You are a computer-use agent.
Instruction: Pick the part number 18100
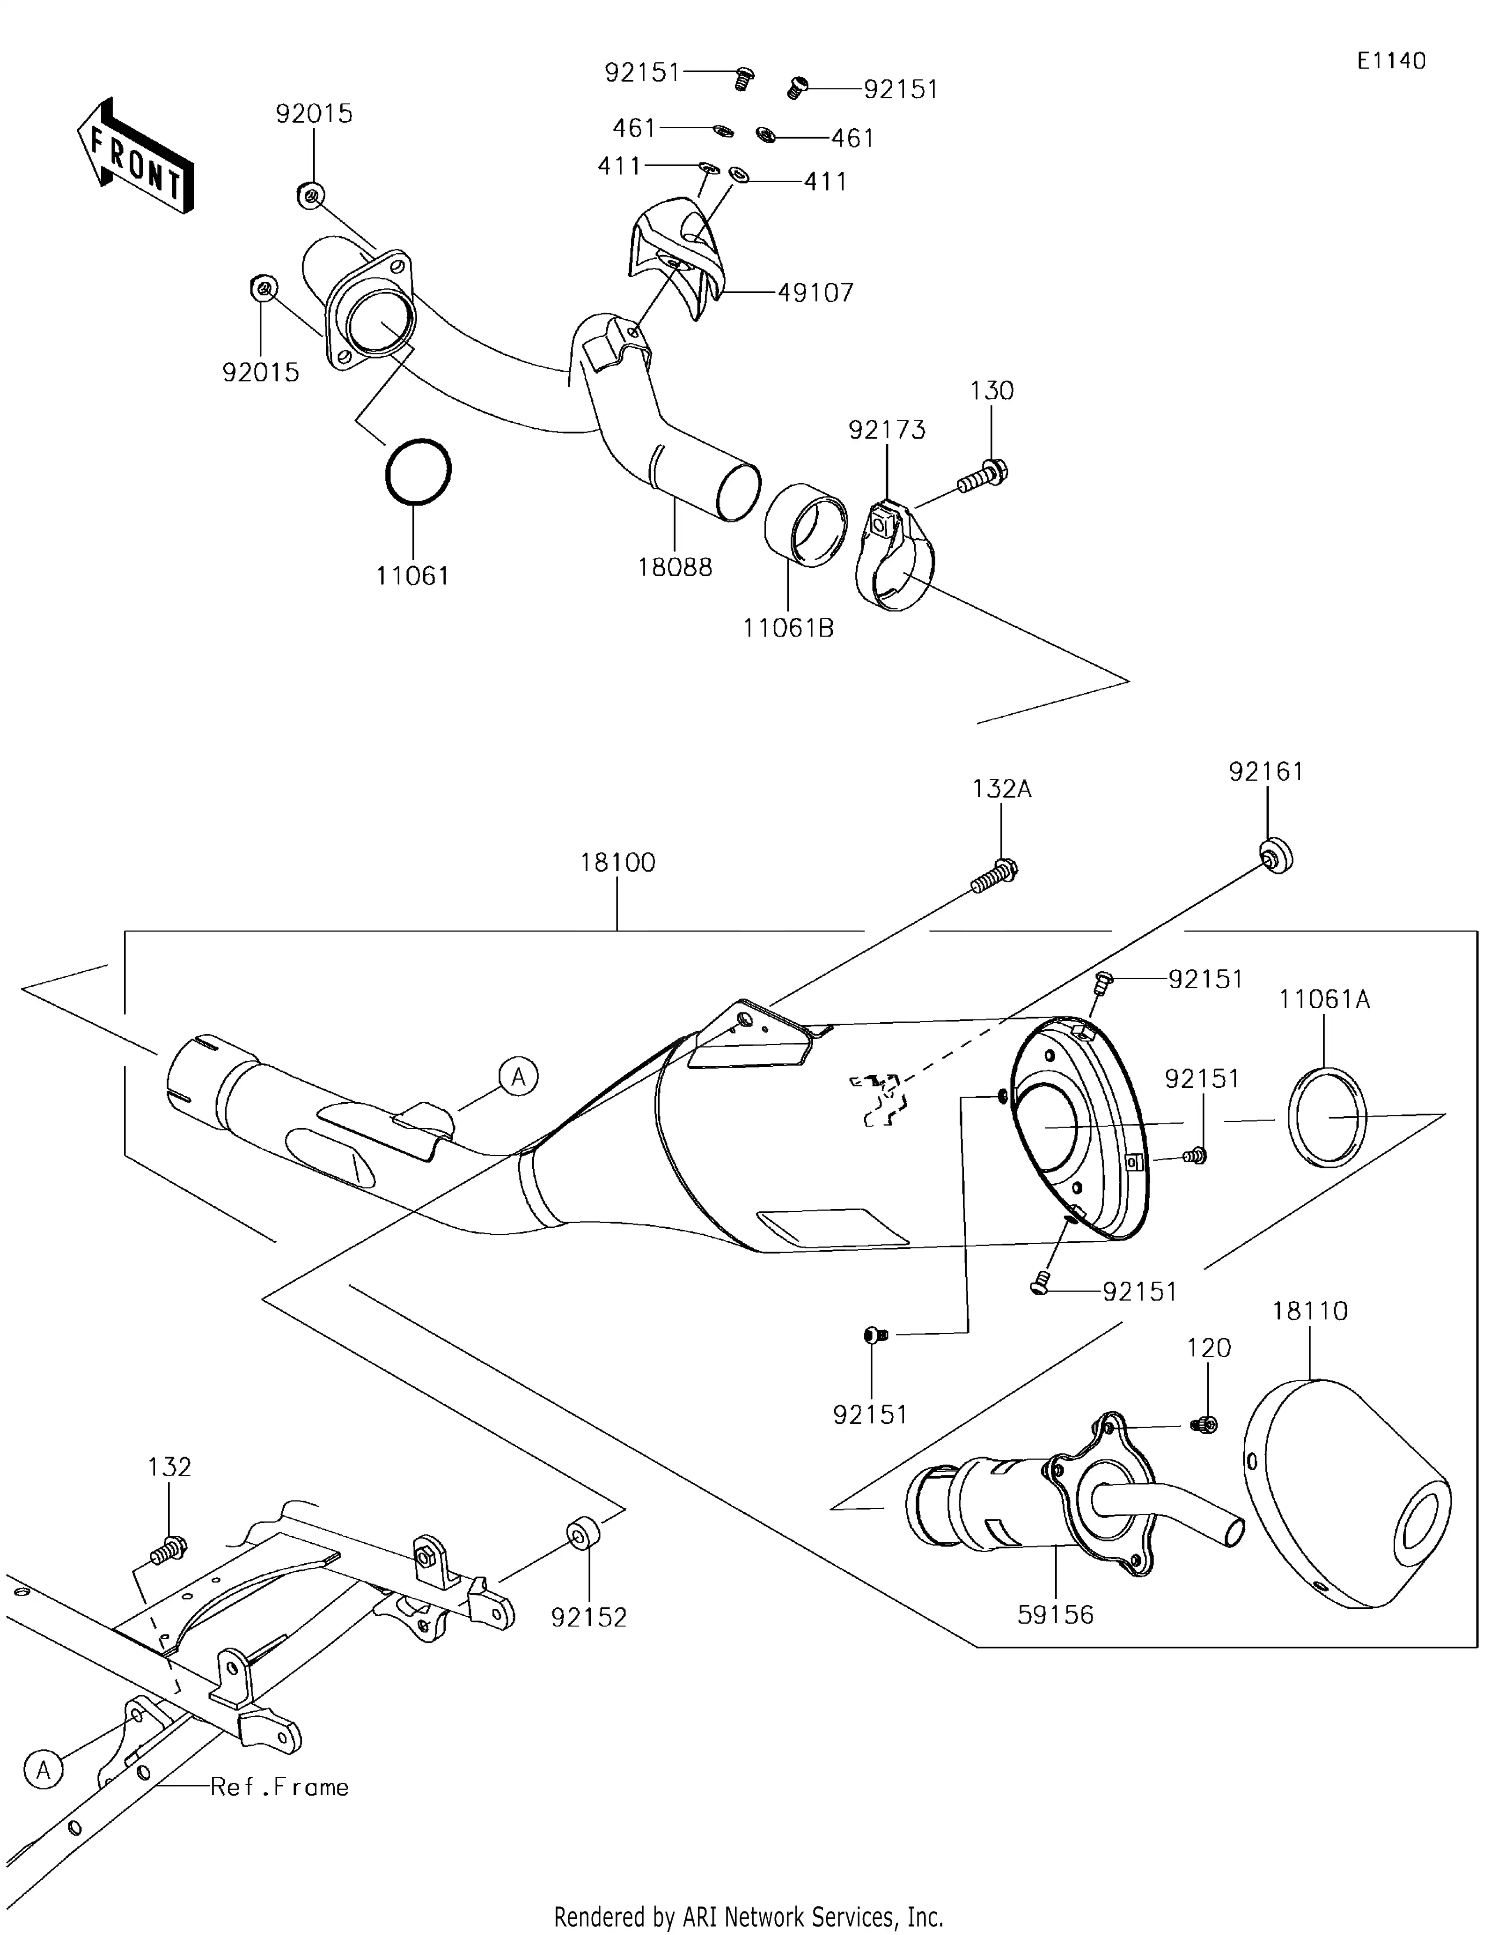pos(617,862)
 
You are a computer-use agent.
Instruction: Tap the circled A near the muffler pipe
pos(518,1077)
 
